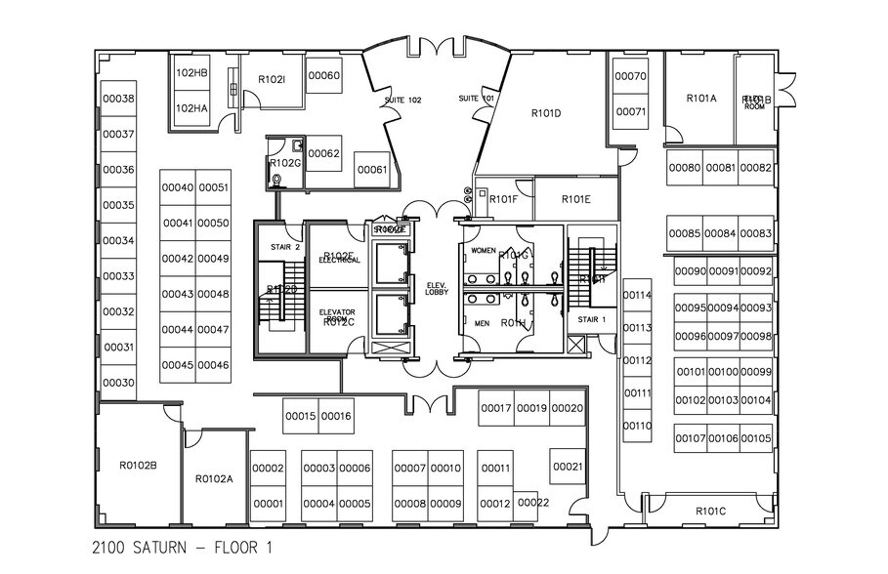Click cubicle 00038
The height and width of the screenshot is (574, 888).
pyautogui.click(x=118, y=99)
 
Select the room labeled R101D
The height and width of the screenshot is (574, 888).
pyautogui.click(x=546, y=113)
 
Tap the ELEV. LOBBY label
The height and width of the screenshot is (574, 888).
pyautogui.click(x=436, y=288)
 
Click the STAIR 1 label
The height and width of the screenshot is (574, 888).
pyautogui.click(x=592, y=319)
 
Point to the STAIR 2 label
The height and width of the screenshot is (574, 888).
pyautogui.click(x=285, y=247)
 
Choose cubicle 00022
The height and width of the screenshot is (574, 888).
pyautogui.click(x=533, y=502)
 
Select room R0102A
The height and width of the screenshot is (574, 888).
pyautogui.click(x=214, y=478)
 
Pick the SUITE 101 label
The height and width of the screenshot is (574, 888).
pyautogui.click(x=478, y=100)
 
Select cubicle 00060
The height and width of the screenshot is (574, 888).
pyautogui.click(x=323, y=76)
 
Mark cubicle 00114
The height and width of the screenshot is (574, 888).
pyautogui.click(x=637, y=295)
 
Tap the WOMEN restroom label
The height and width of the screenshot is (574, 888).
pyautogui.click(x=484, y=251)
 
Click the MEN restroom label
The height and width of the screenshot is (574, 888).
pyautogui.click(x=481, y=323)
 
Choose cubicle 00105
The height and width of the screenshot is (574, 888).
pyautogui.click(x=756, y=438)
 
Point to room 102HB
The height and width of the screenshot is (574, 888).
pyautogui.click(x=191, y=73)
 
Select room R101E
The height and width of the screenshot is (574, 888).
pyautogui.click(x=576, y=199)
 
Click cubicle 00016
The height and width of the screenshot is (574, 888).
pyautogui.click(x=335, y=417)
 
